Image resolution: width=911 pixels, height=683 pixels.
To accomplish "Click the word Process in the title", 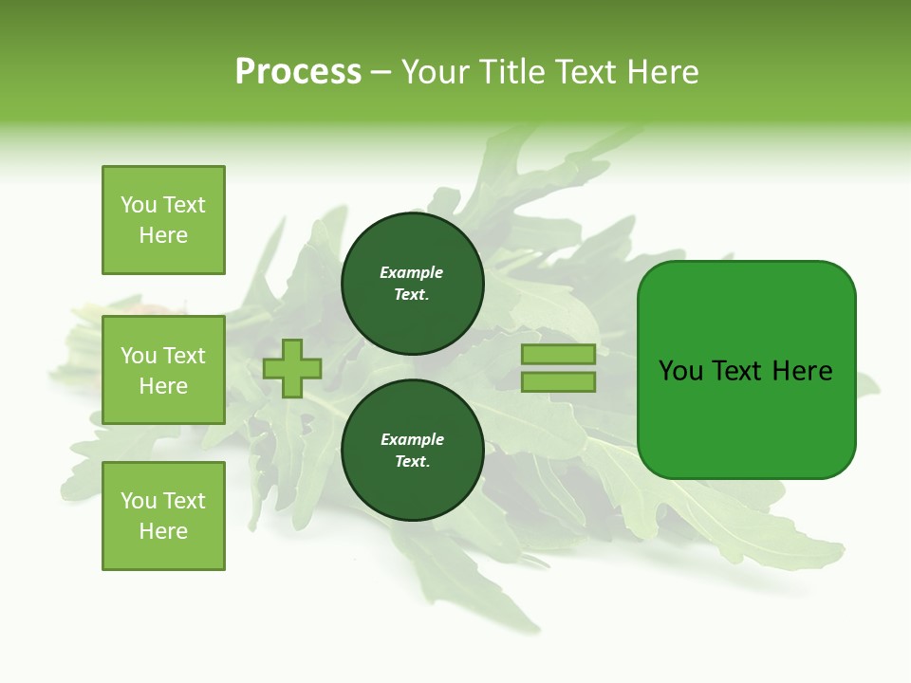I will (298, 72).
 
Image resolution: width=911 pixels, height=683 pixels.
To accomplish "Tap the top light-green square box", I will (163, 220).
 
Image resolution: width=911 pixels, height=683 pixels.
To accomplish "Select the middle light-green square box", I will (163, 370).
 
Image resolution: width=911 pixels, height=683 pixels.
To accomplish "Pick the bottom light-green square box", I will (163, 516).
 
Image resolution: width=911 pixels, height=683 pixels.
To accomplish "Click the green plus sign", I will (292, 368).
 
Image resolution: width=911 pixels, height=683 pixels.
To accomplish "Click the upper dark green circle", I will (413, 284).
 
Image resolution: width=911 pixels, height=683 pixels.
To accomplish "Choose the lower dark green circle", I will (413, 451).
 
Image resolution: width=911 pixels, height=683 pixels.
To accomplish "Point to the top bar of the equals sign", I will (558, 354).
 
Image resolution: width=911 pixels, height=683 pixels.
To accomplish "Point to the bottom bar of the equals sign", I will (558, 382).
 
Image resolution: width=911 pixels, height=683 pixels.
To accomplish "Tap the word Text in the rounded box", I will (738, 371).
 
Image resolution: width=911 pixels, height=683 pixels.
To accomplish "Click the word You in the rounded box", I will (681, 371).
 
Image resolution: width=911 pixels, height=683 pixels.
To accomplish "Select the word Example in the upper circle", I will (412, 273).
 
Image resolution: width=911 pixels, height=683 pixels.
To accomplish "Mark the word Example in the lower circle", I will (412, 440).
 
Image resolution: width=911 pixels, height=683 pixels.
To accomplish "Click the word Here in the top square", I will (163, 235).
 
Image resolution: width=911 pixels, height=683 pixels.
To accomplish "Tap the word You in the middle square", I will (139, 356).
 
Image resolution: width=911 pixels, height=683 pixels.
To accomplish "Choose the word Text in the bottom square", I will (184, 501).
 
